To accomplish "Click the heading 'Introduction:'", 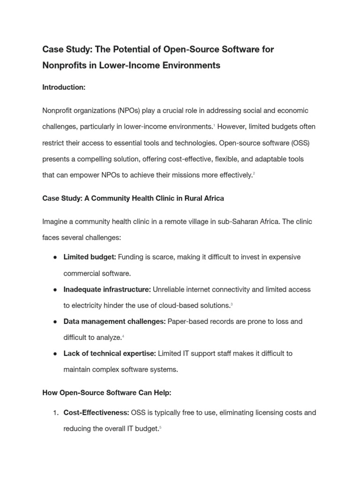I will click(x=64, y=87).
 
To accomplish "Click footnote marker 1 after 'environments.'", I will click(x=215, y=126).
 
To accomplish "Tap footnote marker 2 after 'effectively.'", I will click(x=254, y=174).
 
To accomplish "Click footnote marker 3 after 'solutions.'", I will click(x=232, y=305).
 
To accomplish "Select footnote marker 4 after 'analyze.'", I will click(x=123, y=337).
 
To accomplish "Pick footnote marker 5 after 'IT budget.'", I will click(x=160, y=427).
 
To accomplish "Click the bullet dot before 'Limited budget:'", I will click(x=55, y=257).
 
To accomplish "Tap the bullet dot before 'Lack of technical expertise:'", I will click(x=55, y=353).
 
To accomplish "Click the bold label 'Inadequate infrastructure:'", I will click(x=107, y=289).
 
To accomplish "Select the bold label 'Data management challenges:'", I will click(x=114, y=321).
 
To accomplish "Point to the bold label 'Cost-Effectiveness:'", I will click(x=96, y=412).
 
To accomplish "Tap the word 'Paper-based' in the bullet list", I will click(x=187, y=321).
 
